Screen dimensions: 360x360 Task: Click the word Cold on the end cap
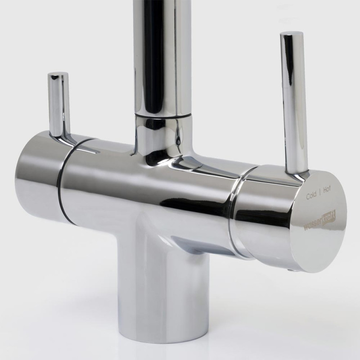click(312, 196)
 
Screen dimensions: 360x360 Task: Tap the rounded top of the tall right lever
click(292, 35)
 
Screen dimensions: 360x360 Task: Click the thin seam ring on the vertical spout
click(160, 115)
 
